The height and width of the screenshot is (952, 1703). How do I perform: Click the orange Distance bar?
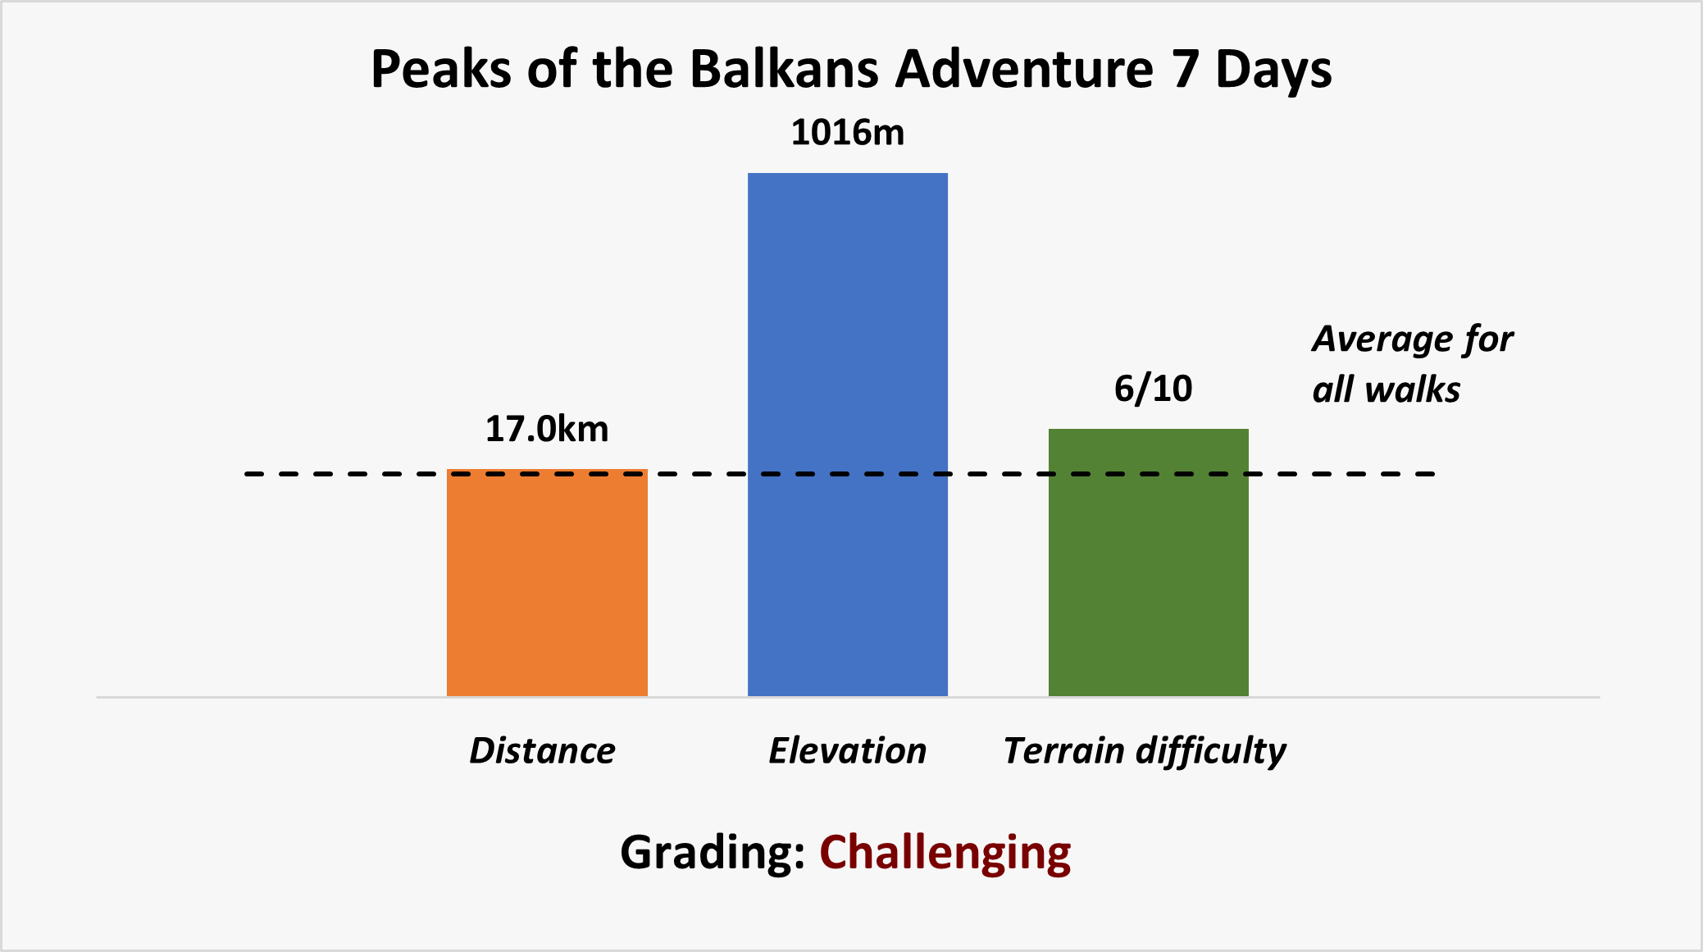[x=547, y=582]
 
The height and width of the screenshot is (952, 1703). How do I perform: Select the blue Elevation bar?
[x=848, y=435]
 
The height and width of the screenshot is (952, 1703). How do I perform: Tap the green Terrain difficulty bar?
[x=1149, y=563]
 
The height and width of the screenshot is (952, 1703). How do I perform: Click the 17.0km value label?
[x=547, y=429]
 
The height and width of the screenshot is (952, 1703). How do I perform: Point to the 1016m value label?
[x=848, y=132]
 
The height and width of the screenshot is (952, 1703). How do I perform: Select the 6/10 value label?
[x=1153, y=388]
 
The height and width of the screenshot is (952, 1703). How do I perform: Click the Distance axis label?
[x=542, y=750]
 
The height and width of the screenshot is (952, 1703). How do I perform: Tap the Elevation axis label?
[x=848, y=750]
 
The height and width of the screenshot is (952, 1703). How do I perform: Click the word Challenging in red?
[x=945, y=854]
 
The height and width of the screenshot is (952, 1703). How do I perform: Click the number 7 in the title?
[x=1184, y=69]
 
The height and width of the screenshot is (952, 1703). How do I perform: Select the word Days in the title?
[x=1273, y=70]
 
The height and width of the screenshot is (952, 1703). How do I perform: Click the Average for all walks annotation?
[x=1412, y=364]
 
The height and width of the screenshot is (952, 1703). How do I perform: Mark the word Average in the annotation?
[x=1378, y=339]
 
